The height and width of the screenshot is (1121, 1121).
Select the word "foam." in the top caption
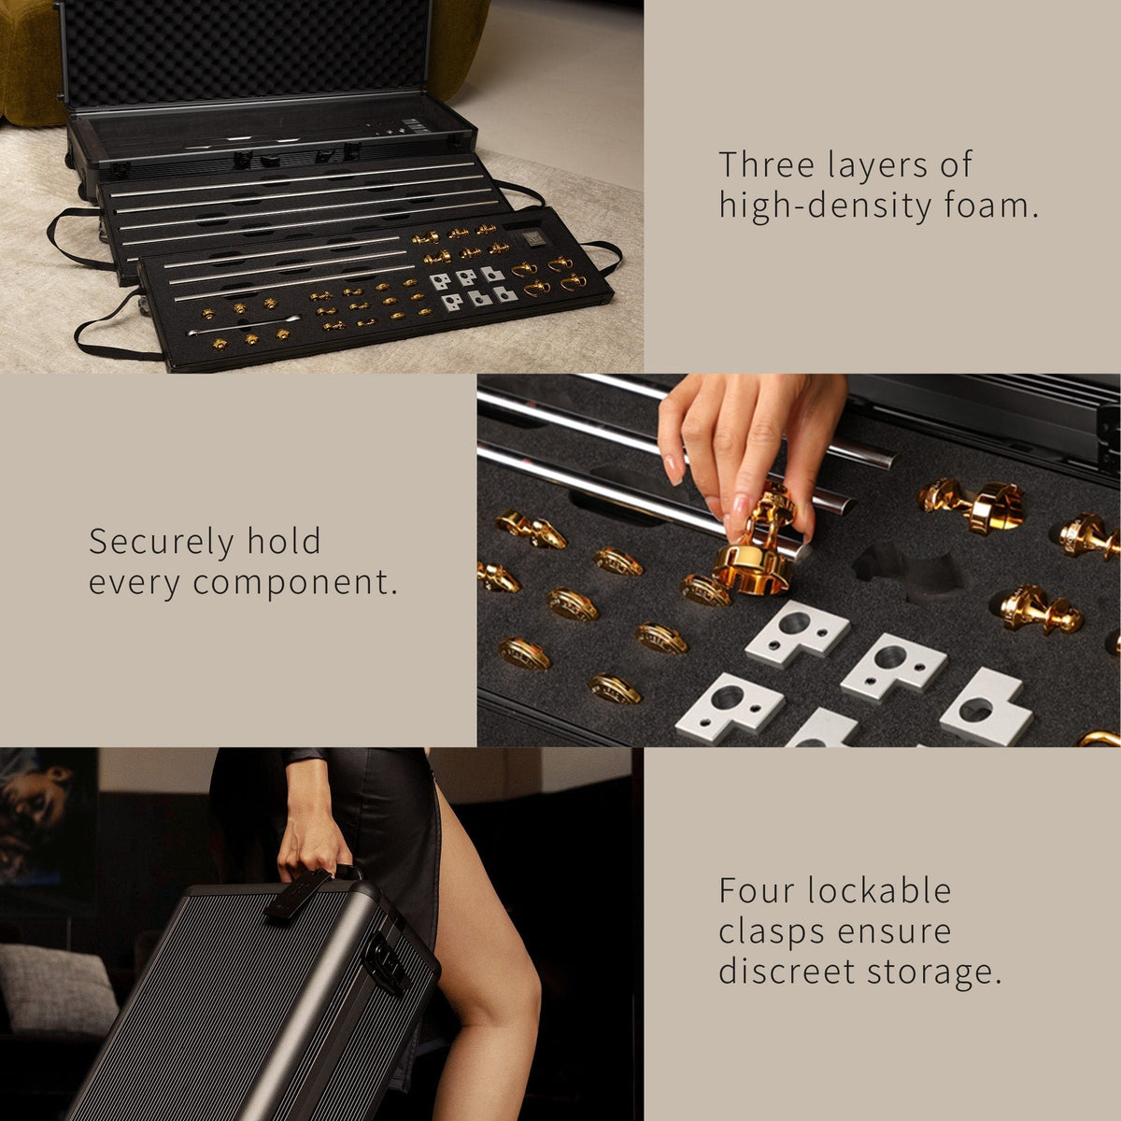click(x=992, y=206)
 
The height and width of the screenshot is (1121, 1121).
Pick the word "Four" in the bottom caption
click(x=757, y=890)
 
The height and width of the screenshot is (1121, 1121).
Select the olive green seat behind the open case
click(x=28, y=64)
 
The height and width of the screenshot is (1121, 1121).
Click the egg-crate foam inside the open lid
click(x=250, y=52)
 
